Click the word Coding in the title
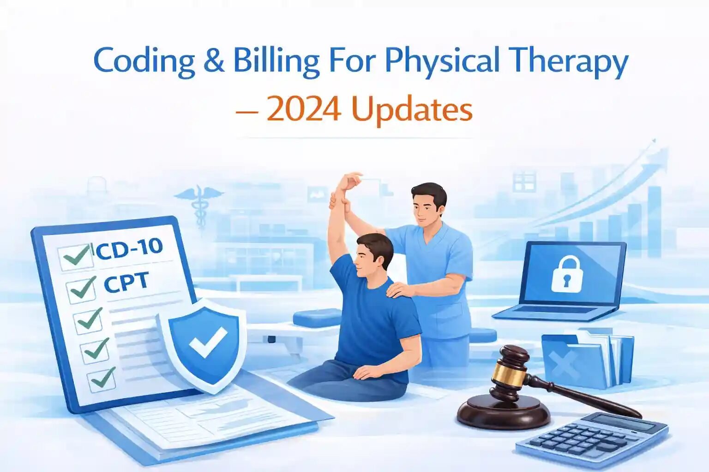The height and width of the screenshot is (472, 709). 144,62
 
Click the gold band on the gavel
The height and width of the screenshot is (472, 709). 509,376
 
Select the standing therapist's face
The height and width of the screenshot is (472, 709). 425,210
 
